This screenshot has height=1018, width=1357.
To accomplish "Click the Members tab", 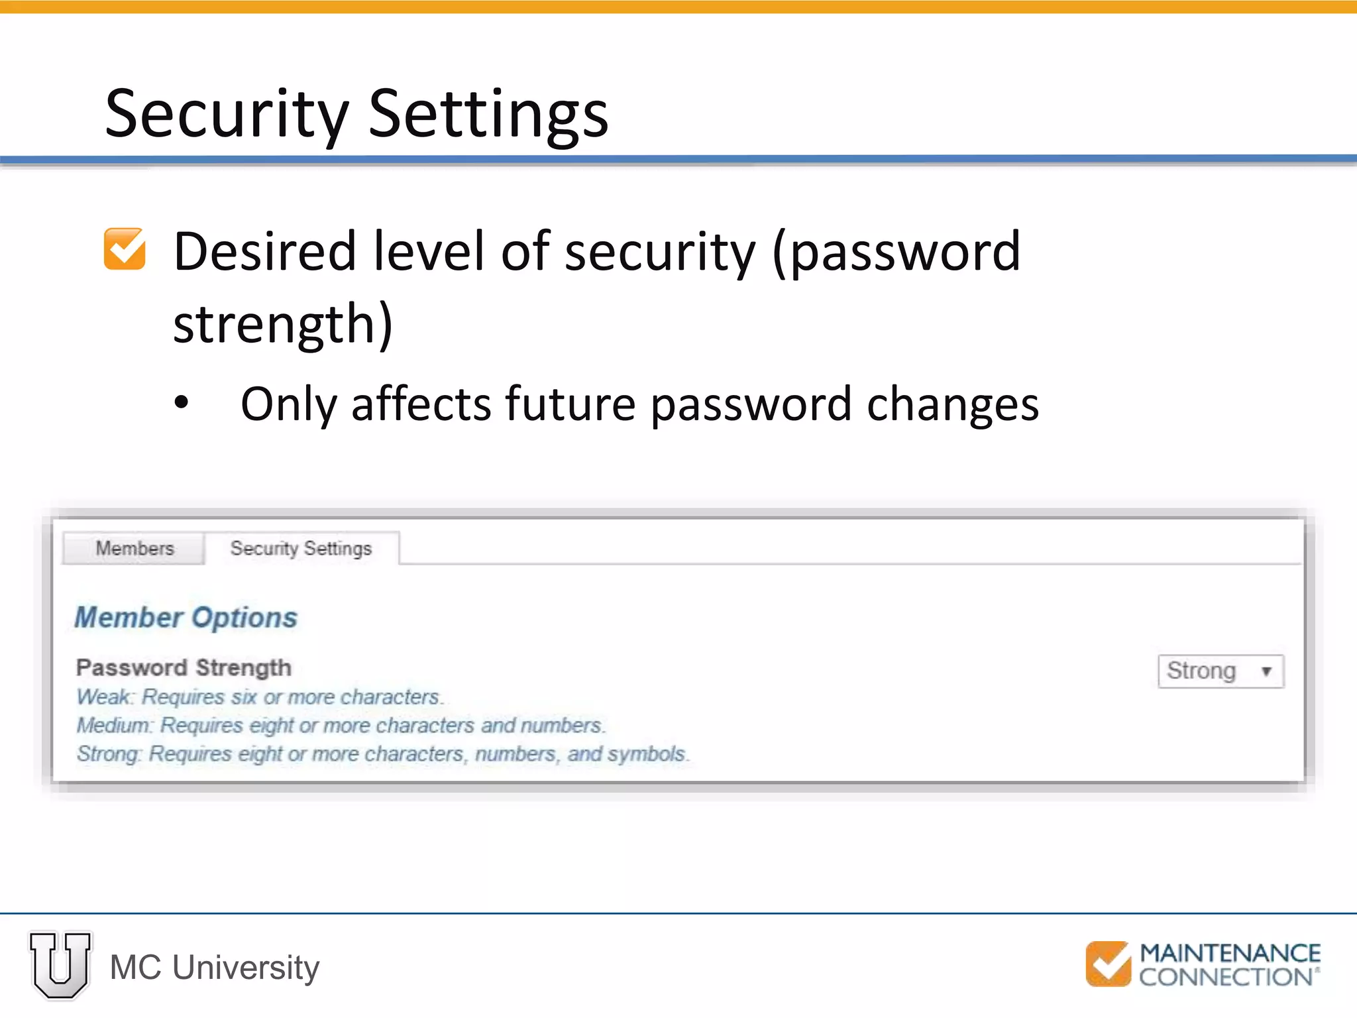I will (135, 549).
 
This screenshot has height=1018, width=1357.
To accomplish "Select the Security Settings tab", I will (301, 549).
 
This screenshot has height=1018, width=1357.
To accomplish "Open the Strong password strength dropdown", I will (1219, 671).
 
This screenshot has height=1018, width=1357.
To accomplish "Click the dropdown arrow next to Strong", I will (1266, 671).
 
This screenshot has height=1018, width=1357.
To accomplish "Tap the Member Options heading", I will (186, 618).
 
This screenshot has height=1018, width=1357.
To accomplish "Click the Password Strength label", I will (184, 667).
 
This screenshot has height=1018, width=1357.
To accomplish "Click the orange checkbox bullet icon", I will (125, 249).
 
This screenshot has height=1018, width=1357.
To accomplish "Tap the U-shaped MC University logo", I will (60, 965).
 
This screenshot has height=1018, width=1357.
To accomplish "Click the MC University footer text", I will (215, 968).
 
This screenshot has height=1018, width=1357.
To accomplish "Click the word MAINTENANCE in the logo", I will (1230, 953).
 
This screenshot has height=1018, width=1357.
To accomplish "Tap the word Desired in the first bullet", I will (265, 252).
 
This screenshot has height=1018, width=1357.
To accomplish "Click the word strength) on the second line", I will (283, 325).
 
